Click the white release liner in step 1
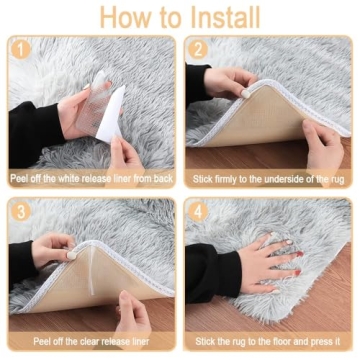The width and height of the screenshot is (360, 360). pyautogui.click(x=108, y=112)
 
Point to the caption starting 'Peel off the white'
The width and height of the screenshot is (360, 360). pyautogui.click(x=92, y=179)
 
